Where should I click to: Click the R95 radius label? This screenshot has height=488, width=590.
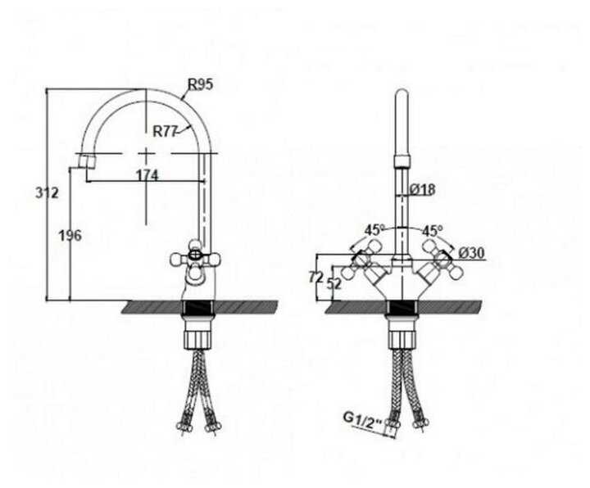coord(200,83)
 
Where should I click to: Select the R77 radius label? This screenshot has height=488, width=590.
coord(166,131)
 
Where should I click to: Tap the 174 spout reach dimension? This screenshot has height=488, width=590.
coord(147,175)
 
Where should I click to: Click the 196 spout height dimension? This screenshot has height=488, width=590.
coord(70,236)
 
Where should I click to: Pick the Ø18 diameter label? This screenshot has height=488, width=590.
coord(422,189)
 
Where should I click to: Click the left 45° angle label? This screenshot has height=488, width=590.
coord(374,230)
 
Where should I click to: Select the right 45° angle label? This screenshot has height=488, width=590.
coord(431,230)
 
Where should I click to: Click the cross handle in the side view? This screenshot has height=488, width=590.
coord(195,259)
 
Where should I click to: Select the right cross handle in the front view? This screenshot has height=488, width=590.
coord(440,259)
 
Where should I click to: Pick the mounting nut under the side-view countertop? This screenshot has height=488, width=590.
coord(196,331)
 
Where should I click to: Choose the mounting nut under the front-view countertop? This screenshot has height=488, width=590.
coord(402,331)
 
